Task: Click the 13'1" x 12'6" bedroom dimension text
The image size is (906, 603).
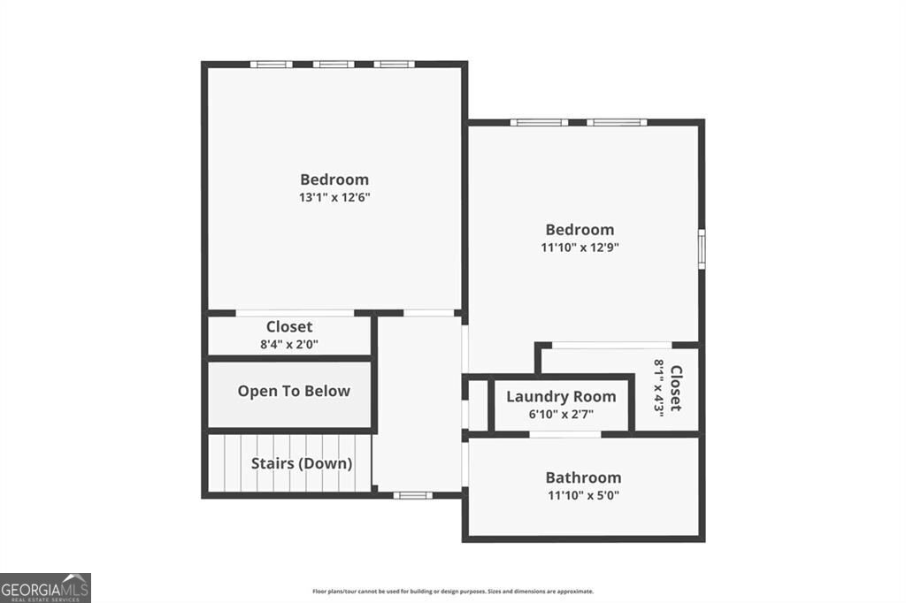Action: coord(334,198)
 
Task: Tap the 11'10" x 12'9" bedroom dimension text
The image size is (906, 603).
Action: coord(580,248)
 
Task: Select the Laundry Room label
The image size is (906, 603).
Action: coord(561,396)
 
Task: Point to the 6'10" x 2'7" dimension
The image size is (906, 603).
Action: coord(561,414)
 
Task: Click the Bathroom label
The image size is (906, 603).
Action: coord(583,477)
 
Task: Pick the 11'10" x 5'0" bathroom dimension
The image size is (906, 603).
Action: coord(583,495)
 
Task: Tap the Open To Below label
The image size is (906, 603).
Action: coord(294,391)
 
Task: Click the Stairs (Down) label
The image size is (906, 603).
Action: coord(302,463)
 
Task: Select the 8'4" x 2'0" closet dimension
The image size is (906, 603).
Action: coord(289,345)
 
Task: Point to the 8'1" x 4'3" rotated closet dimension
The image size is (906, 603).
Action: coord(659,386)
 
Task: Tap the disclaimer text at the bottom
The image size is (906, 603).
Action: coord(452,592)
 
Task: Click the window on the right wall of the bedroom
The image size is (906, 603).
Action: coord(702,248)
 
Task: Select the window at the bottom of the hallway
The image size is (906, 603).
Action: coord(413,495)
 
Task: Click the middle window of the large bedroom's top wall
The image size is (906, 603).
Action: coord(334,65)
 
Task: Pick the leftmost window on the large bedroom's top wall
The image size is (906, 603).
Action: coord(271,65)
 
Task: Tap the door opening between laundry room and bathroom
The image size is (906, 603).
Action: coord(564,434)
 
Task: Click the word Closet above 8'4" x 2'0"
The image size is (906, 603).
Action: coord(289,327)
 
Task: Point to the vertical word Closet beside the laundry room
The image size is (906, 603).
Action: coord(676,387)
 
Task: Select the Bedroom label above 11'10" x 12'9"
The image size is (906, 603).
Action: coord(580,230)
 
